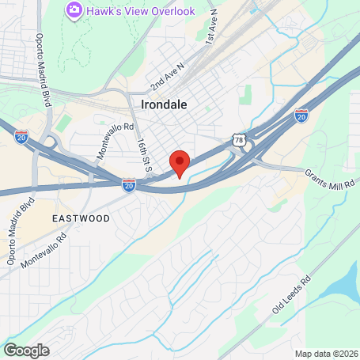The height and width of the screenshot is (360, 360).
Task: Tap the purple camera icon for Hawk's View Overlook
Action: (x=74, y=9)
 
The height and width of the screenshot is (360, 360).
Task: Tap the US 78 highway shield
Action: (x=239, y=139)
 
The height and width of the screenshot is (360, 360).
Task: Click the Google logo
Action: (x=26, y=350)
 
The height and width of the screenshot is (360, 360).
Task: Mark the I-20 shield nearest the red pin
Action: (x=129, y=185)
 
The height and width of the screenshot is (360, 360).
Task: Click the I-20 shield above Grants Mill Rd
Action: (x=301, y=116)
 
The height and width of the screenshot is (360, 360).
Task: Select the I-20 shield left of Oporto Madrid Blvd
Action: (x=21, y=136)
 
